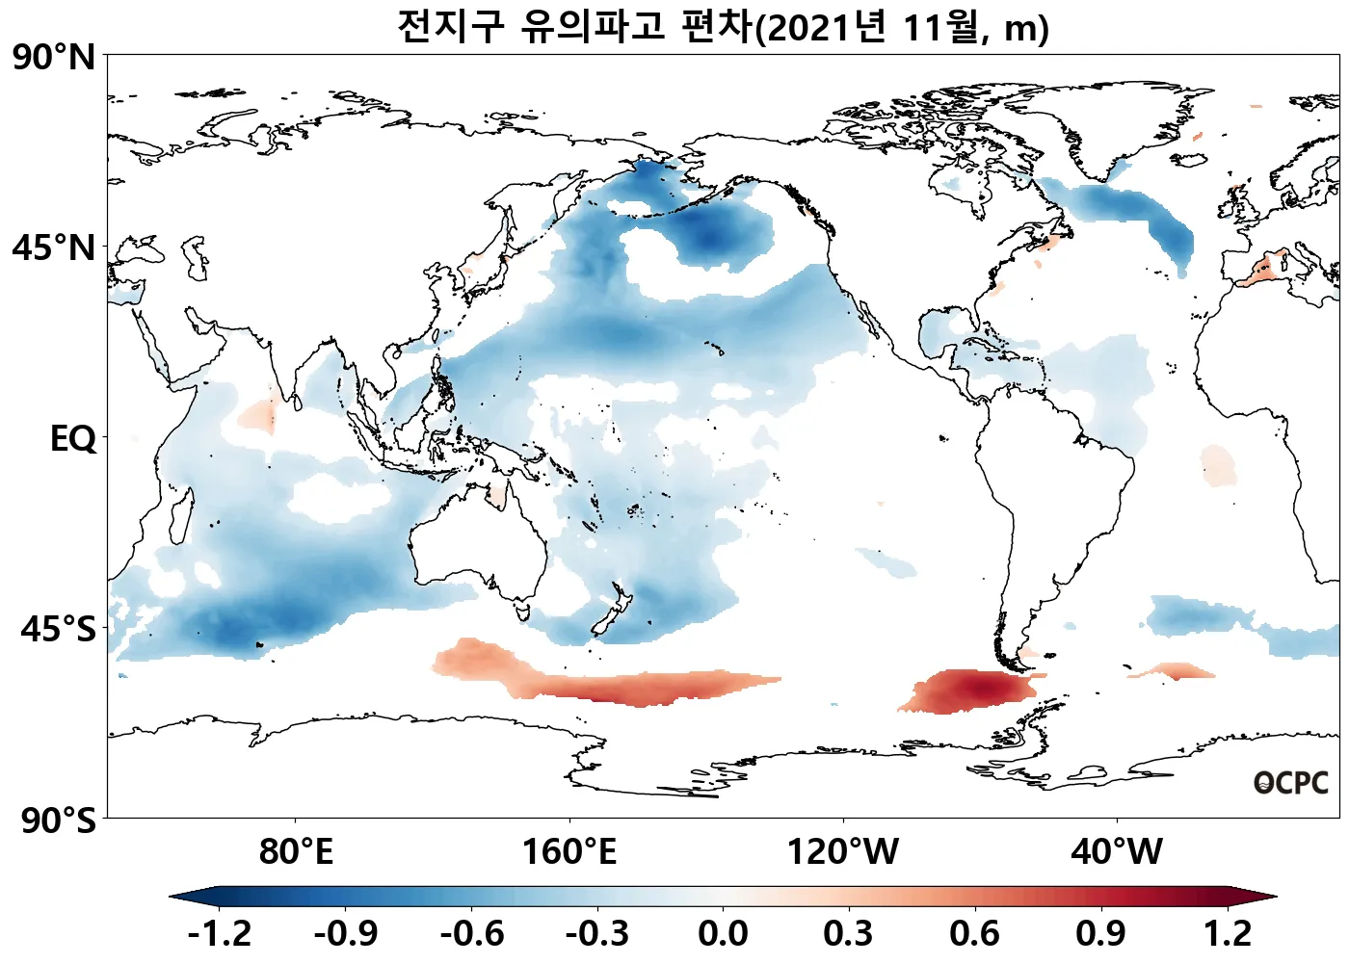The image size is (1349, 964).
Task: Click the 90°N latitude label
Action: [x=54, y=58]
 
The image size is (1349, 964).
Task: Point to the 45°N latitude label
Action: [x=54, y=248]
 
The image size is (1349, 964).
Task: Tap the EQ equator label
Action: [x=73, y=439]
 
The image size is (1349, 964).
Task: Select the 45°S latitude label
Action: [x=58, y=629]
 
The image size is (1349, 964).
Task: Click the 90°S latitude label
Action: [x=58, y=821]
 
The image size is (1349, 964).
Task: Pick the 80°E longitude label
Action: [x=296, y=852]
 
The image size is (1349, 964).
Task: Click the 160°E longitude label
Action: [x=569, y=852]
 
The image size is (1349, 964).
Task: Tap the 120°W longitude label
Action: [x=843, y=852]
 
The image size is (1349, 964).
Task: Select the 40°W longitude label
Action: [x=1117, y=852]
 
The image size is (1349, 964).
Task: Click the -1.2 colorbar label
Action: [x=219, y=933]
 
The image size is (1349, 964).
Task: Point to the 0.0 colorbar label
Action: [x=723, y=933]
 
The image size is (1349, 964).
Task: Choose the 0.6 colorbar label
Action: [x=974, y=933]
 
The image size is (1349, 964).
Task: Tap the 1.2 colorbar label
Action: [x=1228, y=933]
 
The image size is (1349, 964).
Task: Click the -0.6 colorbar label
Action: [x=471, y=933]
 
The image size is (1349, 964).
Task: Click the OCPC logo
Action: [x=1291, y=784]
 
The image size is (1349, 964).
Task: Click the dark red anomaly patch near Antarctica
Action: [x=973, y=690]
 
